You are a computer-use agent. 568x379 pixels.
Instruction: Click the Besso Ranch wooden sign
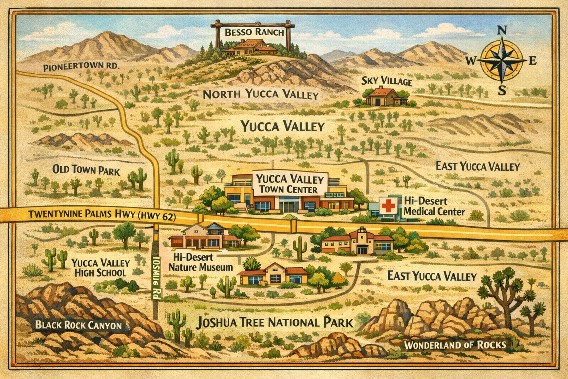click(x=254, y=32)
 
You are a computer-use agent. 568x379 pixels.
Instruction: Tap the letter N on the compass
click(x=501, y=31)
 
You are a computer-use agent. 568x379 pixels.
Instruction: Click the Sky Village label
click(x=386, y=81)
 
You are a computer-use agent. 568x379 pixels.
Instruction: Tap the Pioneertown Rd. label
click(x=81, y=67)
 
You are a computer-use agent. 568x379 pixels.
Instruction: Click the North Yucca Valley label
click(x=261, y=94)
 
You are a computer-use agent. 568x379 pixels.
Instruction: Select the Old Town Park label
click(x=86, y=170)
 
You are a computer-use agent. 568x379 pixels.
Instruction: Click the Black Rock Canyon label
click(x=78, y=325)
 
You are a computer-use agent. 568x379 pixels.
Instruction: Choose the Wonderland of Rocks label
click(x=454, y=345)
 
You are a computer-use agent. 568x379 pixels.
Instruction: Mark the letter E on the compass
click(x=532, y=61)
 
